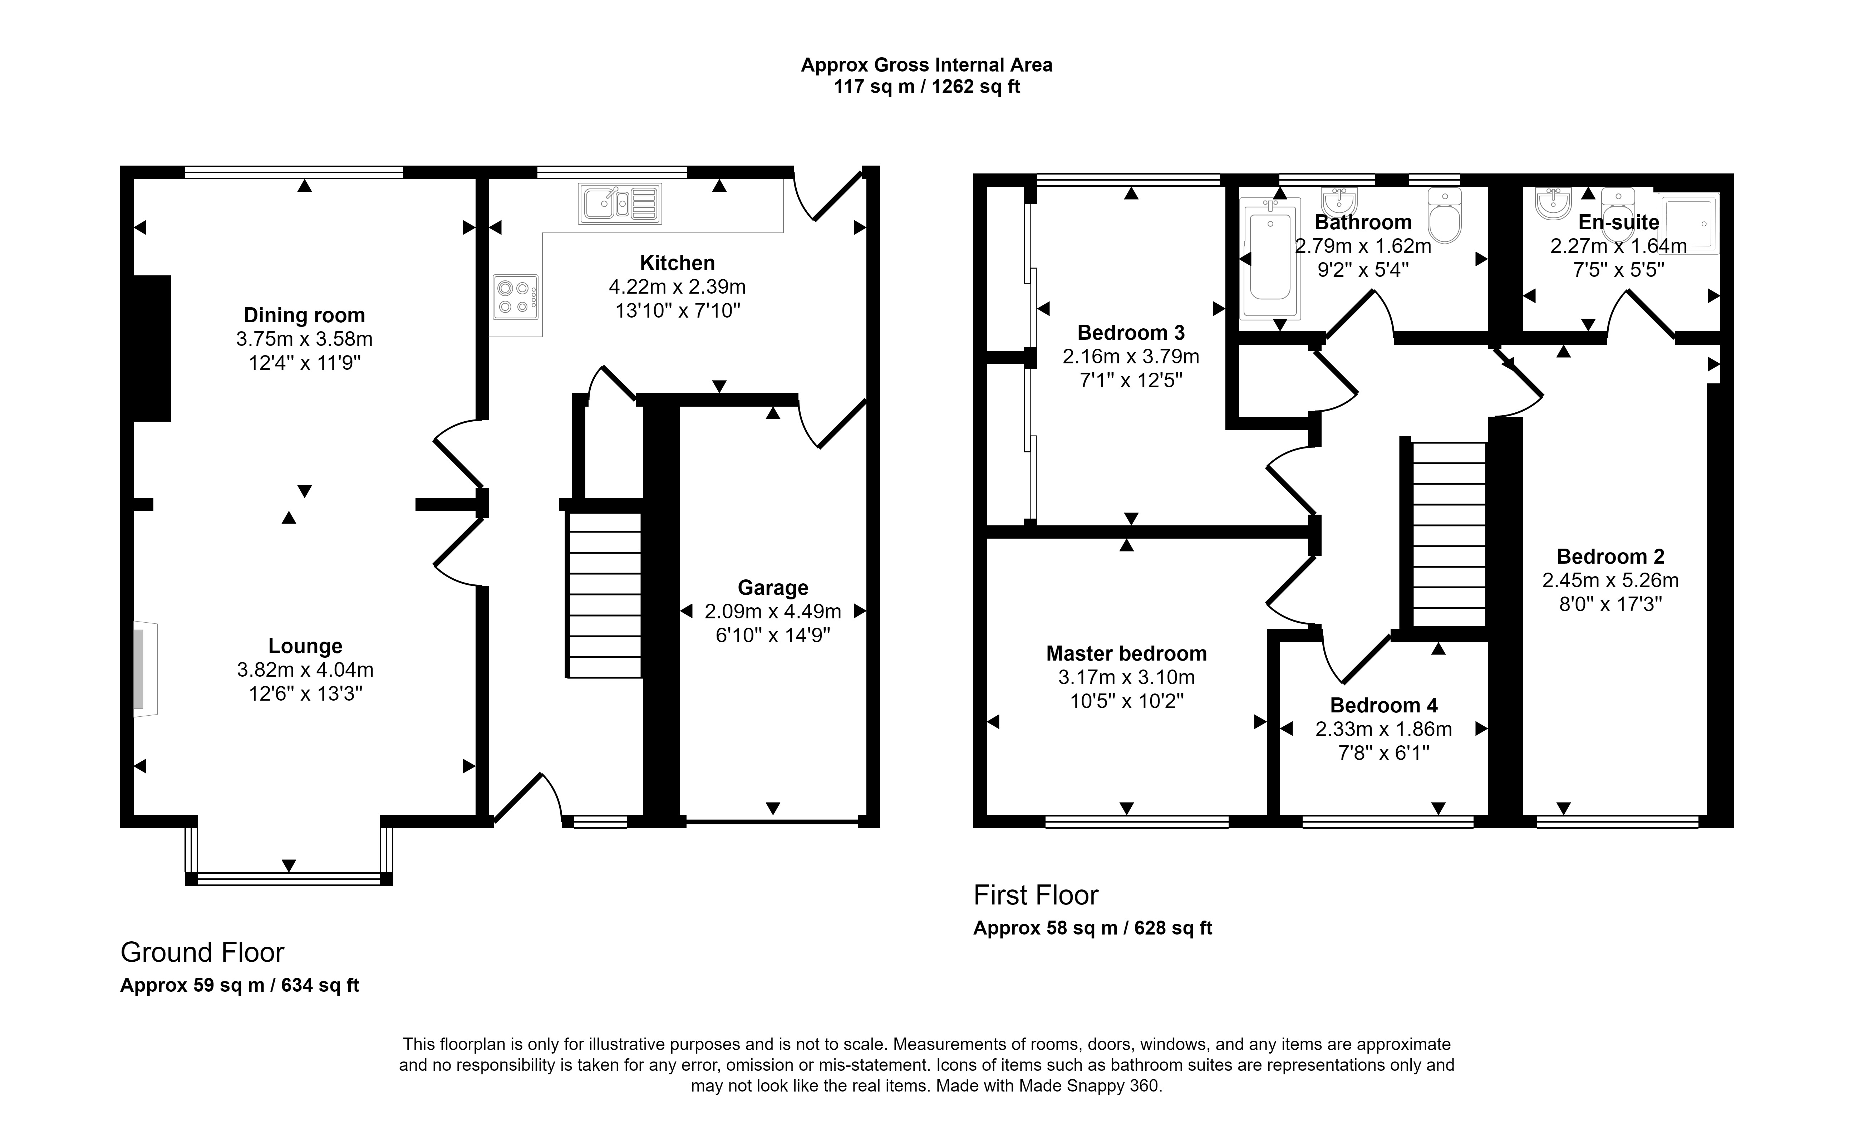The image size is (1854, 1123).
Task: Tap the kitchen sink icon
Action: pos(620,203)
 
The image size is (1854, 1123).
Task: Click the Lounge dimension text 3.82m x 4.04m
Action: pos(305,669)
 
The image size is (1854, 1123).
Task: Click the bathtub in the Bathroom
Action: pos(1270,258)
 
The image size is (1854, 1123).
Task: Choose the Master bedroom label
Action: pos(1126,653)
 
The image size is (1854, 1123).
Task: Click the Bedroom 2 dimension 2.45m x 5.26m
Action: pos(1610,580)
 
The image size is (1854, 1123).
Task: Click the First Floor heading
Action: pos(1036,895)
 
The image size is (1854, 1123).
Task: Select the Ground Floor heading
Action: pos(202,952)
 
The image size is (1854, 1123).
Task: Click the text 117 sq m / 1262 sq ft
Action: pos(927,87)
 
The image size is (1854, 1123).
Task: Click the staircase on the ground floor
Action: pos(604,595)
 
